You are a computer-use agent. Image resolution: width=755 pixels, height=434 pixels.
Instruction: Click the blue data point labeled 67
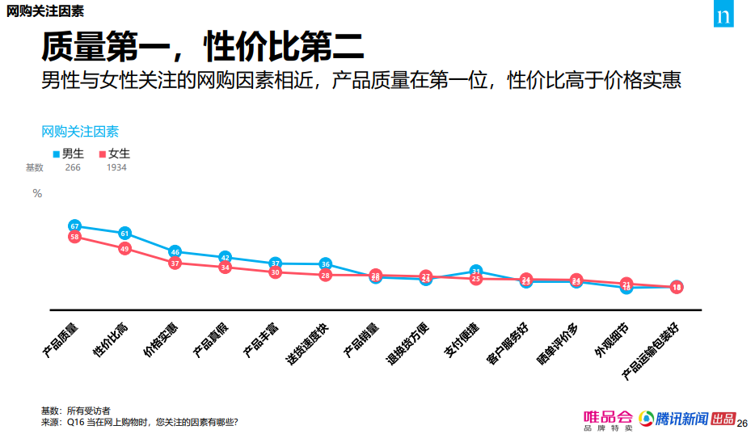(74, 226)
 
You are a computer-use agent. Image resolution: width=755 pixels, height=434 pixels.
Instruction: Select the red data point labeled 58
(74, 237)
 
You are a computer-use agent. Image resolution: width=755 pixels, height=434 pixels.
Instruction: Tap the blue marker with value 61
(124, 234)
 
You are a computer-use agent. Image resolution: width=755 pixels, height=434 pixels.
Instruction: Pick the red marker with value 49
(124, 249)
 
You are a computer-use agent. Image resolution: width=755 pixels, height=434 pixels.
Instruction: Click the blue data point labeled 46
(175, 252)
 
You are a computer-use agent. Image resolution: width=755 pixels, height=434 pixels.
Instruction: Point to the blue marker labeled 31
(476, 272)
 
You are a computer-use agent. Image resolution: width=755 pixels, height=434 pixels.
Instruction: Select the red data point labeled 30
(275, 272)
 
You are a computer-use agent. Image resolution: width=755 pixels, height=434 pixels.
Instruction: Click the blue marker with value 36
(325, 263)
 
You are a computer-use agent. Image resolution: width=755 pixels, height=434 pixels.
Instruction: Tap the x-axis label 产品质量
(61, 340)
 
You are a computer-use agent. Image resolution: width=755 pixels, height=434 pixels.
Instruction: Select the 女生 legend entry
(114, 154)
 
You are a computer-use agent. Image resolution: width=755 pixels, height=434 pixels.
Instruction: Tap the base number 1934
(116, 168)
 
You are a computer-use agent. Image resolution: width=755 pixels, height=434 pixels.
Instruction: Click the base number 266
(73, 168)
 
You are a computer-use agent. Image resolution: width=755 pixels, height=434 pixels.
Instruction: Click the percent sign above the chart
(37, 193)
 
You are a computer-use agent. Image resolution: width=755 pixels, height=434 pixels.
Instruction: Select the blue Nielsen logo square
(723, 16)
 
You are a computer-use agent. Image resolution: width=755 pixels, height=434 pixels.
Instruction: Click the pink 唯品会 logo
(608, 419)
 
